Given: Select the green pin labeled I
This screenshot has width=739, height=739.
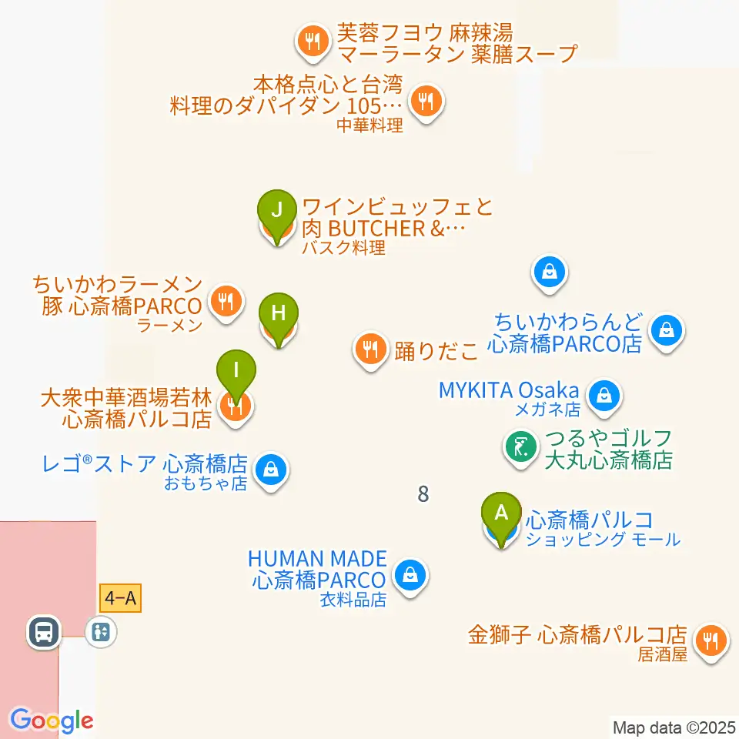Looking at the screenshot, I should [237, 371].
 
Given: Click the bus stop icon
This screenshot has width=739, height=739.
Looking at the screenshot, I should [44, 632].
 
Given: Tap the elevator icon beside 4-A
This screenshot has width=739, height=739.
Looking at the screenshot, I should [101, 632].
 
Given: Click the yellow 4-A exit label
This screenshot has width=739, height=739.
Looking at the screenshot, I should [121, 598].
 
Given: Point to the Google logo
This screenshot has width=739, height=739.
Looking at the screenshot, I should [52, 721].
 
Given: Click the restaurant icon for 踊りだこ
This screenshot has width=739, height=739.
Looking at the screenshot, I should [371, 349].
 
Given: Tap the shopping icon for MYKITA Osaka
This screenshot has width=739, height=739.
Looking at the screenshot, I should [605, 396].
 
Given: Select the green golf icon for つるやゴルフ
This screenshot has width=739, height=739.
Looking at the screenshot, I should [520, 446].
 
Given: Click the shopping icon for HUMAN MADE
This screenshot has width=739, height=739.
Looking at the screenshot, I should [411, 574].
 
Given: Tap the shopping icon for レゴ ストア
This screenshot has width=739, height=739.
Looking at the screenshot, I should [270, 468].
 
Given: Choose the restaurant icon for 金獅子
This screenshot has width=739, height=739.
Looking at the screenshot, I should [709, 640].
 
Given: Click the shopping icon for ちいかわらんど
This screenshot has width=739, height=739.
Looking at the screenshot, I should [666, 332].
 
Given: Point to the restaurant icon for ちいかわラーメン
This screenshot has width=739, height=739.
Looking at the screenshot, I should [226, 300].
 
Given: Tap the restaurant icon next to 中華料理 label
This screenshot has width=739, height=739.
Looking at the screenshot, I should [425, 100].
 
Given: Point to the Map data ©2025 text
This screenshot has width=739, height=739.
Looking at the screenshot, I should [674, 727].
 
